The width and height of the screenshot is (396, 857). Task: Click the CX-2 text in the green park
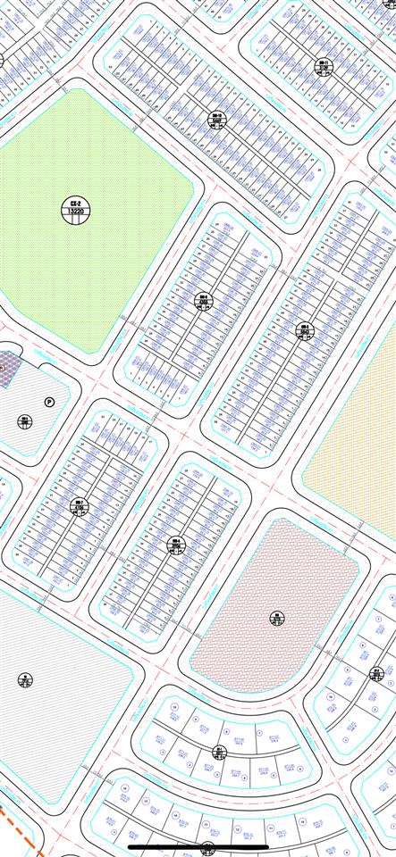click(76, 204)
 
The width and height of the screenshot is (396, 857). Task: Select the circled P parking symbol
click(50, 402)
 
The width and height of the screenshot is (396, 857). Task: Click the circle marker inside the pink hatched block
click(276, 618)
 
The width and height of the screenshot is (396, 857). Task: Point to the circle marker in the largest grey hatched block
click(25, 680)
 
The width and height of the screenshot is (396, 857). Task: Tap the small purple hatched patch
click(8, 369)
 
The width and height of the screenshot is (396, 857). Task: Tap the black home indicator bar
click(198, 847)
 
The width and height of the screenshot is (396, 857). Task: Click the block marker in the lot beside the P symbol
click(25, 421)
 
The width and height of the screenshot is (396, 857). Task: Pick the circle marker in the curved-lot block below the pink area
click(220, 752)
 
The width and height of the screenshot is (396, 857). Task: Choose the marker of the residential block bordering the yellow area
click(305, 331)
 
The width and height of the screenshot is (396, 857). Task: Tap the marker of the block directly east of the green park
click(204, 301)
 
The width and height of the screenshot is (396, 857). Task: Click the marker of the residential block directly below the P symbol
click(80, 506)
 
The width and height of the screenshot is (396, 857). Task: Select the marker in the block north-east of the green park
click(217, 121)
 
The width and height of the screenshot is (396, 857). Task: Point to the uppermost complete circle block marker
click(324, 64)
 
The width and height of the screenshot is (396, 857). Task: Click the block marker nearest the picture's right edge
click(376, 674)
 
